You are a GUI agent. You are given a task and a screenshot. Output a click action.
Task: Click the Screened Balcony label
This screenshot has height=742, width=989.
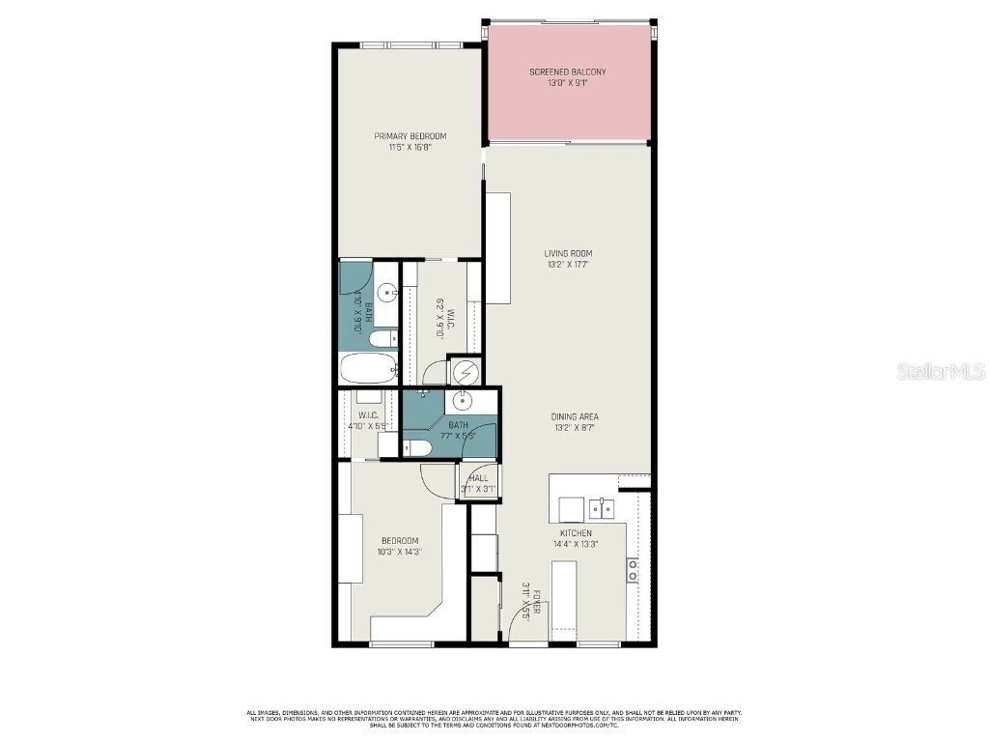pyautogui.click(x=568, y=72)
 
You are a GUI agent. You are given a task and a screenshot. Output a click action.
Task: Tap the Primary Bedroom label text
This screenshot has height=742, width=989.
pyautogui.click(x=410, y=136)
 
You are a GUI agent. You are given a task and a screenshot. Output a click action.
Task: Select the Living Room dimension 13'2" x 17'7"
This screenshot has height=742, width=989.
pyautogui.click(x=568, y=264)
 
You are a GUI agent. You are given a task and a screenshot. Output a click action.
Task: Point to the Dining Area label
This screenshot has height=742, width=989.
pyautogui.click(x=575, y=416)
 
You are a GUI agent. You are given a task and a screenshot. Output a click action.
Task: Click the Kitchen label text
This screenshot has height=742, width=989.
pyautogui.click(x=576, y=533)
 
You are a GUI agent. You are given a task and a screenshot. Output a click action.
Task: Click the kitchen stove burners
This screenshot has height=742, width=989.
pyautogui.click(x=633, y=570)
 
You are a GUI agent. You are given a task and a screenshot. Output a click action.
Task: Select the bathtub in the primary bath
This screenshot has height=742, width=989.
pyautogui.click(x=368, y=368)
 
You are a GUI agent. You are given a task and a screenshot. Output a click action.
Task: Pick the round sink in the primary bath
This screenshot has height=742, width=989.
pyautogui.click(x=385, y=291)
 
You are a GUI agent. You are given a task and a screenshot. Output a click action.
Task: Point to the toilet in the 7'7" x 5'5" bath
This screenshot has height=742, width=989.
pyautogui.click(x=417, y=447)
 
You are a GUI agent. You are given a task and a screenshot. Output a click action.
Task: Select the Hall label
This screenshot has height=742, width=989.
pyautogui.click(x=479, y=478)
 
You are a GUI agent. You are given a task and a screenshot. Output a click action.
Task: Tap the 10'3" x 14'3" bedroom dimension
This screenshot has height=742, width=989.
pyautogui.click(x=400, y=552)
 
